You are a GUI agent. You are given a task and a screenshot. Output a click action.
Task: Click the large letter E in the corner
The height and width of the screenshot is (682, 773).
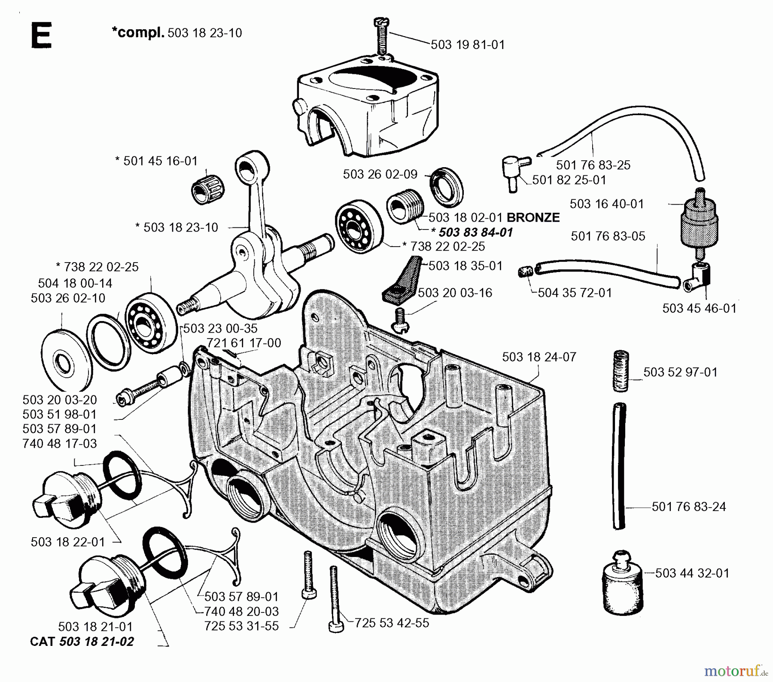click(x=42, y=36)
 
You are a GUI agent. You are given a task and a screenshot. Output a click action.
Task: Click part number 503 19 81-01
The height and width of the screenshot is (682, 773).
click(x=467, y=45)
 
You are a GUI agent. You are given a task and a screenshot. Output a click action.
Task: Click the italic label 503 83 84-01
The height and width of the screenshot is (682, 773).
click(x=475, y=232)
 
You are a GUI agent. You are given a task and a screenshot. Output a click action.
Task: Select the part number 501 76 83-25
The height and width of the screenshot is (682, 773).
click(x=593, y=165)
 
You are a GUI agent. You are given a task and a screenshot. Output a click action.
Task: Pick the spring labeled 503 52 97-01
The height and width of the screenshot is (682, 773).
click(x=620, y=371)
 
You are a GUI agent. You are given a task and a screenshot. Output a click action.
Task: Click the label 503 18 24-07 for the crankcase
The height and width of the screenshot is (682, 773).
click(x=539, y=357)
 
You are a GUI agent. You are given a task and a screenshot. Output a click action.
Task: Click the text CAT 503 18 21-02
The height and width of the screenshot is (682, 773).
click(x=82, y=642)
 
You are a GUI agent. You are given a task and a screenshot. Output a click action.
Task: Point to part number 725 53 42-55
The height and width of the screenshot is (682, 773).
click(x=392, y=623)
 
